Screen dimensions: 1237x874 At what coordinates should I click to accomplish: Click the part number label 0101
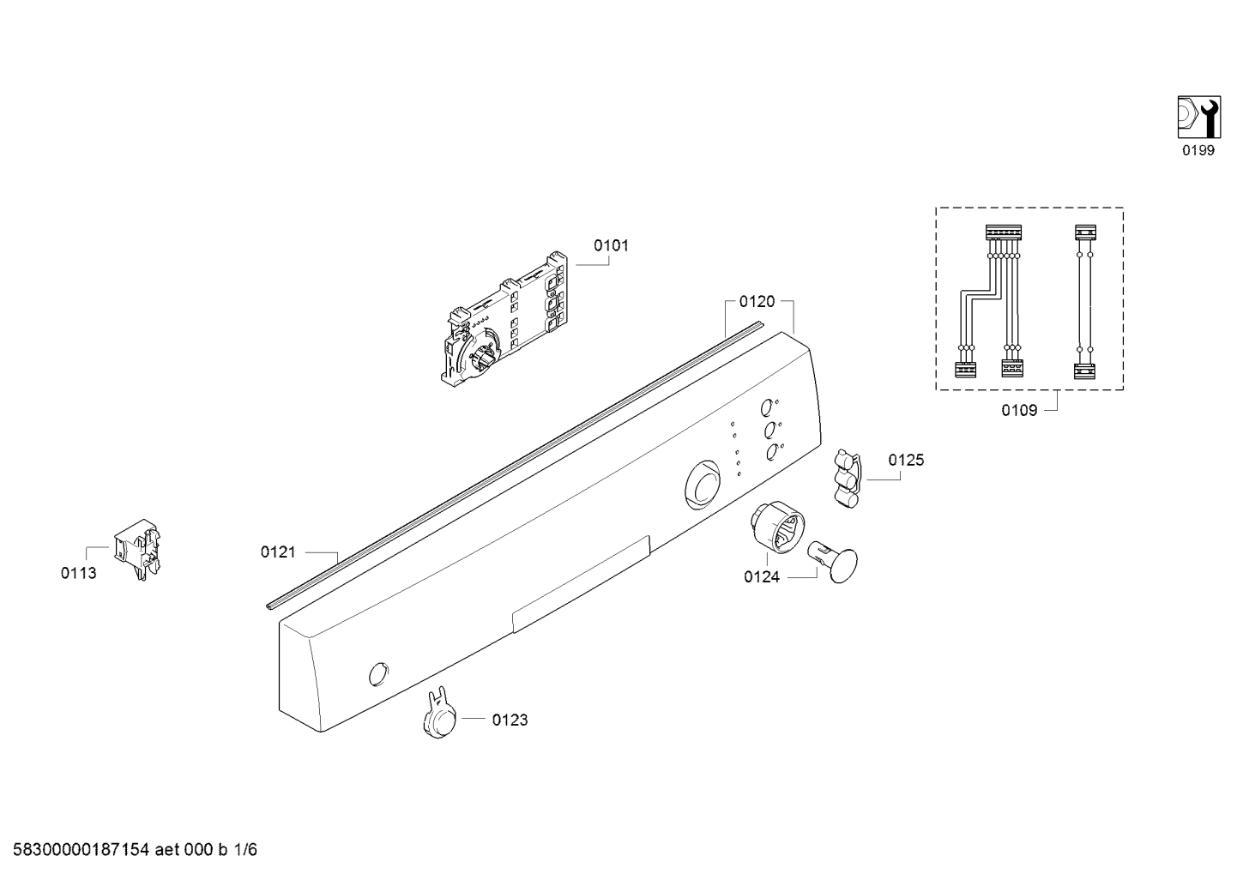[611, 245]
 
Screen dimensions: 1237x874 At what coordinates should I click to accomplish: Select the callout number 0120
[757, 301]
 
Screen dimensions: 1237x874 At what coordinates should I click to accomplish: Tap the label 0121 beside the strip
[278, 552]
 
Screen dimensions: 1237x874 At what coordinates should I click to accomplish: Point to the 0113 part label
[78, 573]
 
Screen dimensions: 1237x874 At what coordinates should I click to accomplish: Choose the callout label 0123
[510, 720]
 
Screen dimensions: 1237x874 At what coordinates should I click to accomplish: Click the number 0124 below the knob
[762, 577]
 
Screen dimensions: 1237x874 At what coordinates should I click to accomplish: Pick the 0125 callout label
[906, 460]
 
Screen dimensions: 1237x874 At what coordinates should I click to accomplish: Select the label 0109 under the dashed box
[1019, 410]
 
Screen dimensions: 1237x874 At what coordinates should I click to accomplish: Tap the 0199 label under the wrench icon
[1198, 150]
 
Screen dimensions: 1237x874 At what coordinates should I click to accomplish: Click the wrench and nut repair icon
[1199, 117]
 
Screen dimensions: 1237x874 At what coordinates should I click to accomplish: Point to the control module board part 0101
[504, 319]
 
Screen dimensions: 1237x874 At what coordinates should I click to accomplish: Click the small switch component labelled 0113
[137, 549]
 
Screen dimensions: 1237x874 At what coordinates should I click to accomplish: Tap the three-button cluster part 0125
[847, 478]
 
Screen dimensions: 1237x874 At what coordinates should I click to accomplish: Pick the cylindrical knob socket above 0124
[777, 527]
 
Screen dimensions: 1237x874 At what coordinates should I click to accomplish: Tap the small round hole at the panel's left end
[378, 673]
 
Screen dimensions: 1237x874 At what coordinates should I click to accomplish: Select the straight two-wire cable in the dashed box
[1084, 301]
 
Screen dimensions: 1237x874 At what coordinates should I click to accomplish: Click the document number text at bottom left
[135, 850]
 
